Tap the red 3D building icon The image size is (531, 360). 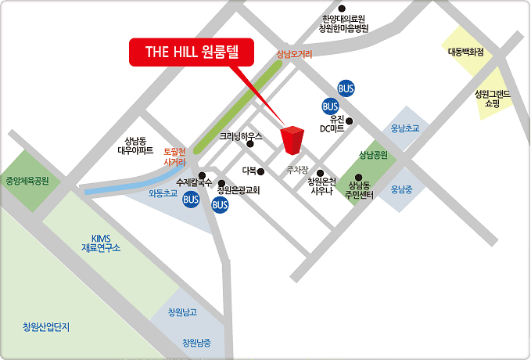pos(292,140)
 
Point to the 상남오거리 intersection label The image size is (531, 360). pos(294,55)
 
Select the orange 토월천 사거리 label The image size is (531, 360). pos(174,157)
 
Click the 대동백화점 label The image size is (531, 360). pos(466,52)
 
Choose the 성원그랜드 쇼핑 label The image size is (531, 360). pos(492,98)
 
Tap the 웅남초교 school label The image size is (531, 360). pos(405,128)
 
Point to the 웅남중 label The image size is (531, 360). pos(401,189)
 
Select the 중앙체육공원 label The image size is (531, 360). pos(27,180)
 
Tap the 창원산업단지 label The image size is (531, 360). pos(46,326)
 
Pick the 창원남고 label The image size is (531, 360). pos(182,312)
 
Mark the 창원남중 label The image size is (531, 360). pos(196,342)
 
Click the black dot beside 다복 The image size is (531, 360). pos(261,171)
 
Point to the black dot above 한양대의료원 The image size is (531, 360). pos(341,9)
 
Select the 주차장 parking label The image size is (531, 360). pos(297,169)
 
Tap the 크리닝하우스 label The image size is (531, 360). pos(239,136)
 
